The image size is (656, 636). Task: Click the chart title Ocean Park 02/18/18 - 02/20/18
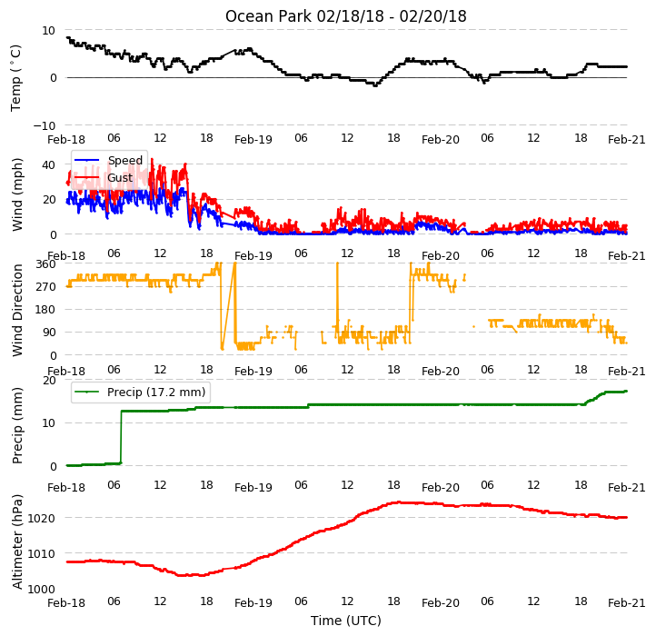(345, 16)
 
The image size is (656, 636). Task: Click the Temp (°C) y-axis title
(15, 78)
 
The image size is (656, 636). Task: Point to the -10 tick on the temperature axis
(44, 125)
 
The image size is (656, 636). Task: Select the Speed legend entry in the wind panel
(108, 160)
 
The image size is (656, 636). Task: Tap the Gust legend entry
(104, 177)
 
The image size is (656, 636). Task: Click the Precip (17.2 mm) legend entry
(140, 393)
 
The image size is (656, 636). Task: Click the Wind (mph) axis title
(17, 194)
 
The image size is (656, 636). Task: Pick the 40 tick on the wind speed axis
(48, 164)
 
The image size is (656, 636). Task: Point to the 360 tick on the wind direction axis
(46, 264)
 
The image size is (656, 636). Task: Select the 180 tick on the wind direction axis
(46, 310)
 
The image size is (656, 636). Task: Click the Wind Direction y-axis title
(17, 310)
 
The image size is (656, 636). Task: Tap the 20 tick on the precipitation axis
(49, 381)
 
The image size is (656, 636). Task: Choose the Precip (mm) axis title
(17, 425)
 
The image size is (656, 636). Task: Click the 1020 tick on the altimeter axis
(41, 519)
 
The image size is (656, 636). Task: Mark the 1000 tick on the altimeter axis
(41, 589)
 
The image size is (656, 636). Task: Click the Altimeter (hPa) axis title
(17, 542)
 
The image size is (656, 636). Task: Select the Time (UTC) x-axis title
(346, 621)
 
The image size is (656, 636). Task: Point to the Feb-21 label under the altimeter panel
(627, 603)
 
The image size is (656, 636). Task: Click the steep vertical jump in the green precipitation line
(122, 437)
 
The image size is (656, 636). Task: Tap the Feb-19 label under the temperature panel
(253, 139)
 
